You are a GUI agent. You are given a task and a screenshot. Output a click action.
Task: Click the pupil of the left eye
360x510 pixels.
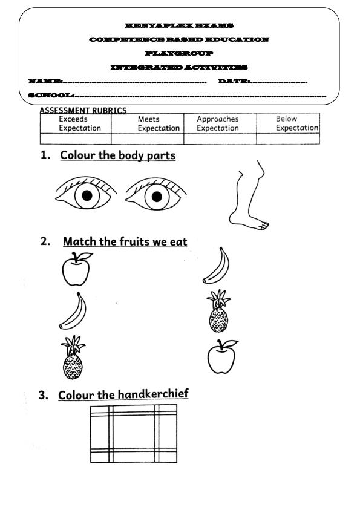tap(87, 195)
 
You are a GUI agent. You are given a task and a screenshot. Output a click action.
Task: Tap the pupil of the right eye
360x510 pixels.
tap(157, 195)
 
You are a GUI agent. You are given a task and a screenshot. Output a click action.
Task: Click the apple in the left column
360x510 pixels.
tap(76, 270)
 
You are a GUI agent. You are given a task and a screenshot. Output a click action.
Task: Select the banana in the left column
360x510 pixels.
tap(73, 312)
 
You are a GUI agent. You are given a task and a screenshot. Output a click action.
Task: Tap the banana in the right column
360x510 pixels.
tap(216, 266)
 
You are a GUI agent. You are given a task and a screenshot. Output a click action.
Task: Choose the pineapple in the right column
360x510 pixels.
tap(218, 312)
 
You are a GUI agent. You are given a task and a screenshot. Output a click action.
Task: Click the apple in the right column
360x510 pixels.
tap(221, 357)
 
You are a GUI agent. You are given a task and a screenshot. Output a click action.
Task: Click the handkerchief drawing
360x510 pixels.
tap(134, 433)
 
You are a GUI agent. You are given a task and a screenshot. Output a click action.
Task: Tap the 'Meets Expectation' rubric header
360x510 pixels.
tap(158, 124)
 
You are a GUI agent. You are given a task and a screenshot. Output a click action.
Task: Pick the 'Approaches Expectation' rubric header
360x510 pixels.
tap(218, 124)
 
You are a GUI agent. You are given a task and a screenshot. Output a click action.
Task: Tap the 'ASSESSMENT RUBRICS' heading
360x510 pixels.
tap(83, 110)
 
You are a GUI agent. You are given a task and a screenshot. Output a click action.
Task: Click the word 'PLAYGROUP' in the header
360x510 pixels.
tap(179, 53)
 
